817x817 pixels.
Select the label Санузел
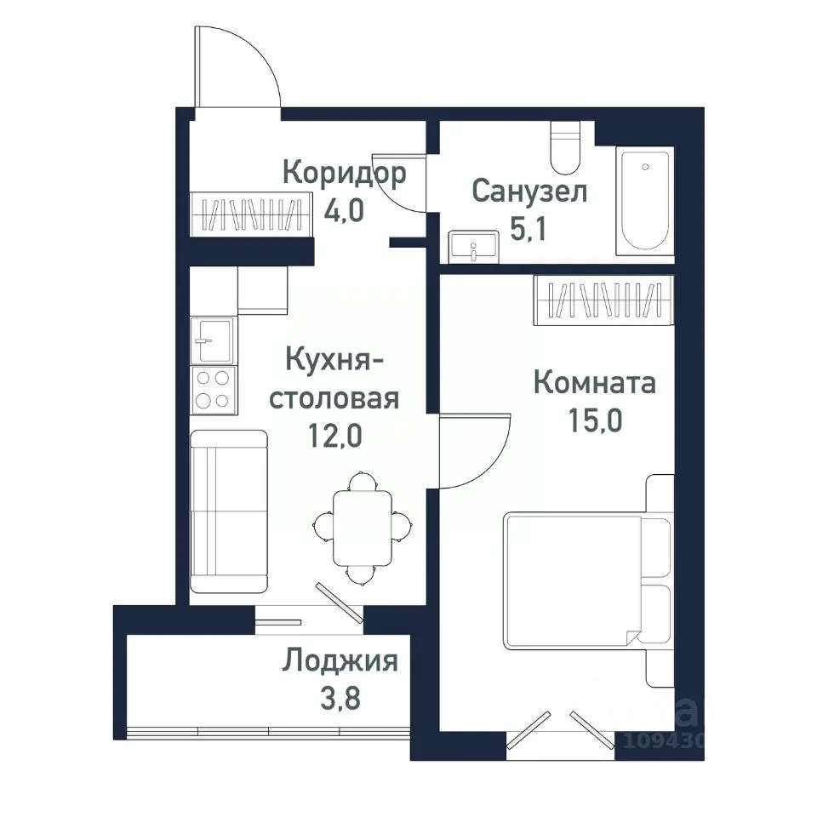coord(528,191)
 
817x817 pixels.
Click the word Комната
coord(594,383)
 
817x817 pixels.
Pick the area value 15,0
coord(594,420)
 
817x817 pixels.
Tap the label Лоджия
coord(340,660)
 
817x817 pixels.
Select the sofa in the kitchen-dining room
coord(228,511)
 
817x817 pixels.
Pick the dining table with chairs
coord(363,528)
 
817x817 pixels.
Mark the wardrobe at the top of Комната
coord(603,300)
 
